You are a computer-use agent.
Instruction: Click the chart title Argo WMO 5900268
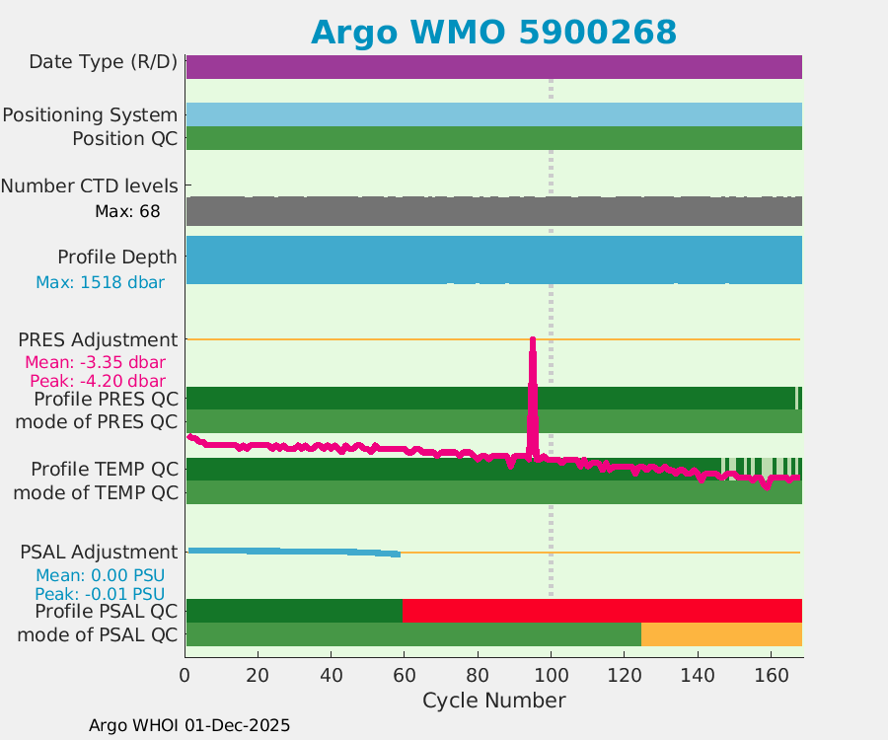tap(493, 32)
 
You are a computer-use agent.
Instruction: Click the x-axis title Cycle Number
tap(493, 701)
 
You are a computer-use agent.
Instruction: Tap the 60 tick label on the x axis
tap(405, 676)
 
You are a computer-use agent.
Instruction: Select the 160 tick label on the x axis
tap(771, 676)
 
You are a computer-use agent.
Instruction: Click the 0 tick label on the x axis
tap(185, 676)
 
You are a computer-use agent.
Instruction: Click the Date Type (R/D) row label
tap(104, 62)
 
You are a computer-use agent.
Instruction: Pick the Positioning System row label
tap(90, 114)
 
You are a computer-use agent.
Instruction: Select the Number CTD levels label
tap(90, 185)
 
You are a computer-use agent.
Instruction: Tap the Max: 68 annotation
tap(127, 211)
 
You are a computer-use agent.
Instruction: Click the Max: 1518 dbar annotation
tap(100, 282)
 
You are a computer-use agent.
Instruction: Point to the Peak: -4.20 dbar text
tap(95, 380)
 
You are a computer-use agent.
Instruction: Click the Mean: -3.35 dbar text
tap(95, 361)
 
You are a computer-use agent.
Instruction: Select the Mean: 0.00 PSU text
tap(100, 575)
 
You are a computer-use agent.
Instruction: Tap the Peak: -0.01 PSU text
tap(100, 594)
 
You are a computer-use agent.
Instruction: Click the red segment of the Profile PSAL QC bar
tap(602, 611)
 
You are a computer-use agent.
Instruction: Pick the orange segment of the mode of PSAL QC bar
tap(720, 634)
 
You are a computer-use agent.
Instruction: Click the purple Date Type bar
tap(493, 67)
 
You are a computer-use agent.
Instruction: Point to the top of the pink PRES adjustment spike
tap(533, 341)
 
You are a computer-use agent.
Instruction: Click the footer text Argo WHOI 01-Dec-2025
tap(189, 725)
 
